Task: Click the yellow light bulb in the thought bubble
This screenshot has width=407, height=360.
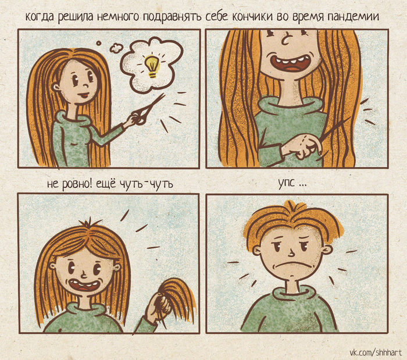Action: (x=151, y=66)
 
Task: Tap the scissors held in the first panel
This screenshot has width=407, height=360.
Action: (x=148, y=109)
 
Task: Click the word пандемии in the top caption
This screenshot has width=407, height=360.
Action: (x=352, y=16)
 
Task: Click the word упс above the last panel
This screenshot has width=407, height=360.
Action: (x=287, y=183)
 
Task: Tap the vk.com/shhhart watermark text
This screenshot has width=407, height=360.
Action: (x=375, y=352)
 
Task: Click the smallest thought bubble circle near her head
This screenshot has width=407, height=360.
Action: (x=98, y=44)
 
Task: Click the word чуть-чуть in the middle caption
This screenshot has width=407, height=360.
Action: (x=146, y=184)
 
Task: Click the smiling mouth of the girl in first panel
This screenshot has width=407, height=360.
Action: (x=84, y=95)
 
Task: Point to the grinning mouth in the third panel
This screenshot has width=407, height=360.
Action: (x=83, y=285)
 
